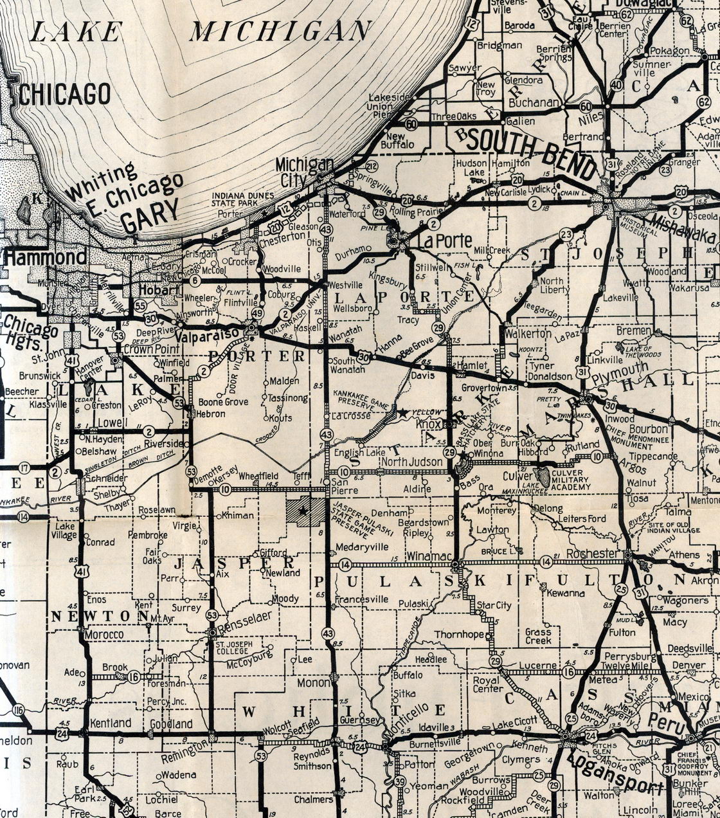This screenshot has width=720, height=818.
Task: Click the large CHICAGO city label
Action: [64, 94]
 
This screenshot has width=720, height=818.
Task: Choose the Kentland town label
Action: [111, 723]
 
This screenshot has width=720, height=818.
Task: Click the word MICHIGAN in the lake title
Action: [280, 30]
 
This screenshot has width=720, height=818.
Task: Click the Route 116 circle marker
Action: [17, 710]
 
